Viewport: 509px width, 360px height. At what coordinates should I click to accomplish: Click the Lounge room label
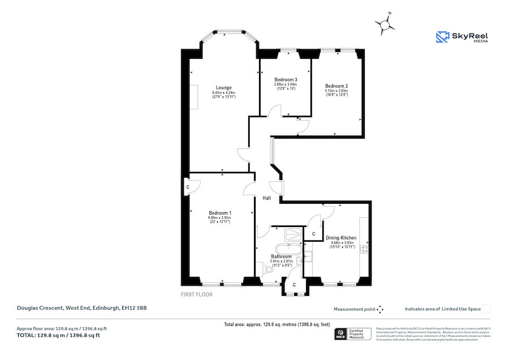pyautogui.click(x=223, y=88)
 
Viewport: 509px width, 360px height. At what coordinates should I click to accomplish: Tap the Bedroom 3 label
pyautogui.click(x=286, y=80)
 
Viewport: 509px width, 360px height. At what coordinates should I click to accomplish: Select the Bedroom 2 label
pyautogui.click(x=336, y=86)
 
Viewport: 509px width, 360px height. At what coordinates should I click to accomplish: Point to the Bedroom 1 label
pyautogui.click(x=220, y=212)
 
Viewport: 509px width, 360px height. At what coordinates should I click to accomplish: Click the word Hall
pyautogui.click(x=266, y=198)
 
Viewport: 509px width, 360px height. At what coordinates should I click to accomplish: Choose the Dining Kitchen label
pyautogui.click(x=341, y=238)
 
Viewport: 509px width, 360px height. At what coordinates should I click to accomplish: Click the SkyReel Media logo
pyautogui.click(x=462, y=37)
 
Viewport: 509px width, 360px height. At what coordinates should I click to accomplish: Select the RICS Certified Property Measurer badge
pyautogui.click(x=354, y=334)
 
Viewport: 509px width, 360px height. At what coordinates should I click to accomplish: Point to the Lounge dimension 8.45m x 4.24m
pyautogui.click(x=223, y=93)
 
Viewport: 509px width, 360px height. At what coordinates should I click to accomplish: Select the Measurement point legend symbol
pyautogui.click(x=380, y=309)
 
